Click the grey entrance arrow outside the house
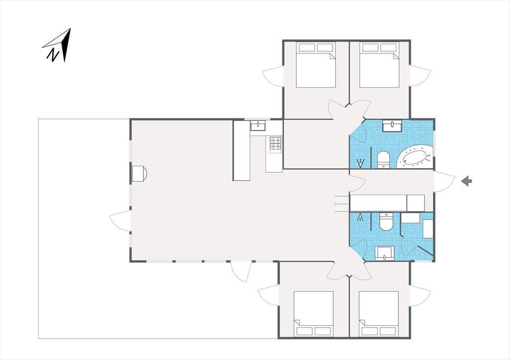click(x=467, y=181)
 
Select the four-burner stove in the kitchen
click(x=275, y=143)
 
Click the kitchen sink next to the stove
click(x=258, y=125)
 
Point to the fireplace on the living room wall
click(x=139, y=173)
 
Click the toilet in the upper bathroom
click(x=383, y=160)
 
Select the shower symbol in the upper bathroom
click(x=361, y=163)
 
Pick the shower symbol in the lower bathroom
click(x=360, y=217)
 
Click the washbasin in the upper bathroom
click(x=392, y=125)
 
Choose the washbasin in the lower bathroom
click(x=385, y=253)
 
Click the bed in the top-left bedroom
click(x=315, y=65)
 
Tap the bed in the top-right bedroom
click(x=379, y=65)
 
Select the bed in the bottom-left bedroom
click(x=314, y=314)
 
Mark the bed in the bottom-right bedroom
click(x=379, y=314)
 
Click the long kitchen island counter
click(x=242, y=150)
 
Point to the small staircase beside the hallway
click(x=342, y=204)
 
